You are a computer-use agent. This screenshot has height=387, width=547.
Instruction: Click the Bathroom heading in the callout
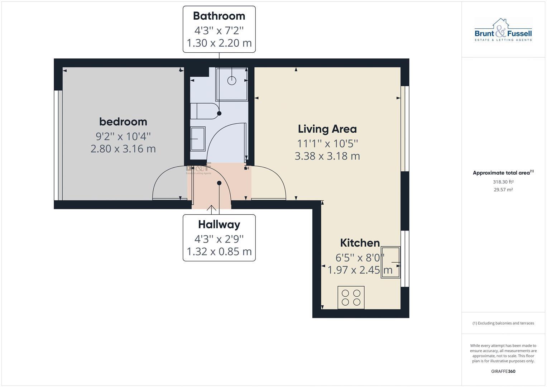pos(219,16)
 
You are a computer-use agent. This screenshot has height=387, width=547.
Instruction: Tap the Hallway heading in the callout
pos(219,225)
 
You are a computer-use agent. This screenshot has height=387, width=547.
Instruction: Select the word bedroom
pos(123,122)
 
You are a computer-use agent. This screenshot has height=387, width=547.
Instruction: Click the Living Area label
pos(327,129)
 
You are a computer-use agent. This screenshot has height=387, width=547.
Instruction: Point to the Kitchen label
pos(360,243)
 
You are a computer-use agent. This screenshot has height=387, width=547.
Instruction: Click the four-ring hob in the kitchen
pos(351,297)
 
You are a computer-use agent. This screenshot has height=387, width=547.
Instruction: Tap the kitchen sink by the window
pos(390,262)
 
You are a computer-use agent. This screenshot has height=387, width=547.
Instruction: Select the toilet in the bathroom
pos(204,111)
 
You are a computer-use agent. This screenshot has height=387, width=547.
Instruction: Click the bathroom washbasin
pos(197,139)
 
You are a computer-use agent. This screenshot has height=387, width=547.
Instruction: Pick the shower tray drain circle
pos(232,80)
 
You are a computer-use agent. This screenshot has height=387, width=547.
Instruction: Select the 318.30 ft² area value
pos(503,182)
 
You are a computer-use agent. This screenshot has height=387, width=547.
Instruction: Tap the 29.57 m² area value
pos(503,190)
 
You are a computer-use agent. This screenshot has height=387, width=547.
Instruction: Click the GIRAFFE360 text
pos(503,371)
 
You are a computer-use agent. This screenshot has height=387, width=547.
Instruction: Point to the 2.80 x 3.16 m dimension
pos(123,149)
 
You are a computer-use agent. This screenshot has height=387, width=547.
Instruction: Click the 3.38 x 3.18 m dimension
pos(327,156)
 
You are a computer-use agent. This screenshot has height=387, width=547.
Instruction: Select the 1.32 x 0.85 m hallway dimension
pos(219,252)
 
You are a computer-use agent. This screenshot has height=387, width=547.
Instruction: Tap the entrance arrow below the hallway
pos(211,209)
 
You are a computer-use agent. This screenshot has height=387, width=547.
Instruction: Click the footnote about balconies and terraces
pos(503,323)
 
